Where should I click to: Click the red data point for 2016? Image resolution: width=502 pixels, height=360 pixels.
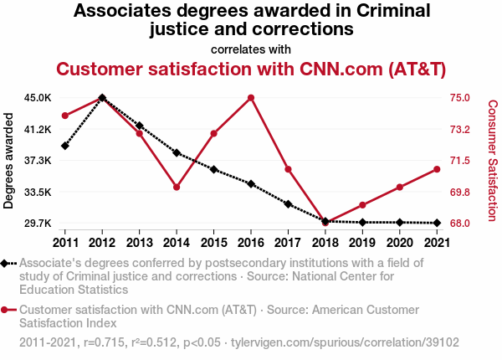click(251, 98)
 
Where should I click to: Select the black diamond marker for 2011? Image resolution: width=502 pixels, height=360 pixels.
click(65, 146)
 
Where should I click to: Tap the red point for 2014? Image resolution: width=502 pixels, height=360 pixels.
click(177, 187)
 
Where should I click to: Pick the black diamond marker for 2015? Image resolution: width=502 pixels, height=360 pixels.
click(213, 169)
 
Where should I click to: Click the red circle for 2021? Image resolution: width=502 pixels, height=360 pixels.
click(436, 169)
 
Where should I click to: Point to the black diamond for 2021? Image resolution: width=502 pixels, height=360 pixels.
click(436, 223)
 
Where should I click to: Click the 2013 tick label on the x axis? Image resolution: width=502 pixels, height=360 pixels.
click(139, 243)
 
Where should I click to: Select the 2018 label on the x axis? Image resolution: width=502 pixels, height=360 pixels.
click(325, 243)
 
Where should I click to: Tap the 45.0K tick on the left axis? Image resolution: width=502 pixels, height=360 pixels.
click(38, 98)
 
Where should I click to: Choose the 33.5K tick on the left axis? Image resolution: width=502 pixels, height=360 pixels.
click(38, 192)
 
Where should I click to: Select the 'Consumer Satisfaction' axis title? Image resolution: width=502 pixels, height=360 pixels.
click(493, 160)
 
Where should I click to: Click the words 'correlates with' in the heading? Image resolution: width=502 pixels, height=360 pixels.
click(251, 49)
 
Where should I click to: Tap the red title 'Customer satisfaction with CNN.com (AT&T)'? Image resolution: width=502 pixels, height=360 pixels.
click(251, 69)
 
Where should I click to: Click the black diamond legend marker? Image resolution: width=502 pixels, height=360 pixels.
click(8, 263)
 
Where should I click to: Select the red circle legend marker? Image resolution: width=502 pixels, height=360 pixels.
click(8, 310)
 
